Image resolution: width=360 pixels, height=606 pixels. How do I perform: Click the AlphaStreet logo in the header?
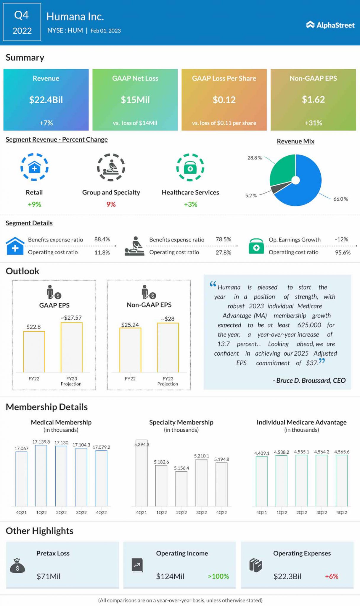pos(330,25)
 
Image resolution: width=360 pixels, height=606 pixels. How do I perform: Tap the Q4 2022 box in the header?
pos(22,22)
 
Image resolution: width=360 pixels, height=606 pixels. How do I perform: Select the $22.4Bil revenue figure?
pos(46,100)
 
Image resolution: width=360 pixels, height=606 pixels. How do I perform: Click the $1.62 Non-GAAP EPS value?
pos(313,99)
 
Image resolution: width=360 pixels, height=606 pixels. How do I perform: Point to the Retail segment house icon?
pos(34,167)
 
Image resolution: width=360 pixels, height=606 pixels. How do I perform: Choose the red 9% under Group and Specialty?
pos(111,204)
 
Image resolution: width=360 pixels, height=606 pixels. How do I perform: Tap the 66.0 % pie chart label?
pos(340,199)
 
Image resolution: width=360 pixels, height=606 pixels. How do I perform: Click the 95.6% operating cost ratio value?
pos(343,253)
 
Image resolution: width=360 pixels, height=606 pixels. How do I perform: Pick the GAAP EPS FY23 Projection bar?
pos(71,347)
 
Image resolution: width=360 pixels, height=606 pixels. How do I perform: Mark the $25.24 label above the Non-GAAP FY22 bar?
pos(130,325)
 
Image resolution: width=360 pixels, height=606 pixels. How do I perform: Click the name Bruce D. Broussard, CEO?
pos(309,381)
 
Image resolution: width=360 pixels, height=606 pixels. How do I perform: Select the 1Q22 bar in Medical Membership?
pos(41,476)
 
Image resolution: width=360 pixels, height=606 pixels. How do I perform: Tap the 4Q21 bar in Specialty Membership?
pos(142,473)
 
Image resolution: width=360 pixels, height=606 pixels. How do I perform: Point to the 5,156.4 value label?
pos(181,468)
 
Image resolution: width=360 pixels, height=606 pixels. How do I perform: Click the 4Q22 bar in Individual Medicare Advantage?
pos(342,481)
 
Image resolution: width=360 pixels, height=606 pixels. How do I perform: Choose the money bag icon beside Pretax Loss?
pos(17,566)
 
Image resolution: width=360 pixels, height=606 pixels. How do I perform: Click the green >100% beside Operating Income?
pos(218,576)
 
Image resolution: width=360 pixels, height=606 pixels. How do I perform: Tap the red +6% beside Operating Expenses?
pos(332,576)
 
